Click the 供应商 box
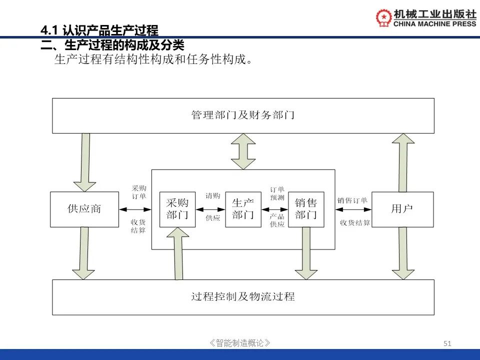pyautogui.click(x=84, y=209)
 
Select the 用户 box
pyautogui.click(x=402, y=209)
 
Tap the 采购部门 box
pyautogui.click(x=177, y=209)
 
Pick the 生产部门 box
pyautogui.click(x=243, y=209)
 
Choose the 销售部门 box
pyautogui.click(x=306, y=209)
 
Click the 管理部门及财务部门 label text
pyautogui.click(x=243, y=115)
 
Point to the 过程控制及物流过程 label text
pyautogui.click(x=243, y=296)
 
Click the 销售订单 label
pyautogui.click(x=352, y=200)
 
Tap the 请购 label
pyautogui.click(x=213, y=196)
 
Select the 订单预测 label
pyautogui.click(x=277, y=193)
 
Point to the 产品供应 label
pyautogui.click(x=277, y=220)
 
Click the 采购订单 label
pyautogui.click(x=139, y=192)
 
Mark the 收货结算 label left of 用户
pyautogui.click(x=355, y=223)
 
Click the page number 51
pyautogui.click(x=447, y=343)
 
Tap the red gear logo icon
pyautogui.click(x=384, y=17)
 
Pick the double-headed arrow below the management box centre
pyautogui.click(x=243, y=151)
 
